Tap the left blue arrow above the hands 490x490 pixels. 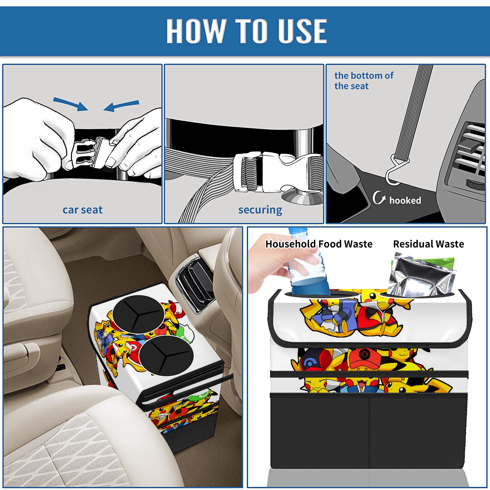pos(70,104)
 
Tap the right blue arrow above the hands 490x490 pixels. pos(121,106)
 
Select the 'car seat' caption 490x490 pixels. pos(82,210)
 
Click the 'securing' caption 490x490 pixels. pos(260,210)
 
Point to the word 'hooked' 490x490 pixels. pos(405,200)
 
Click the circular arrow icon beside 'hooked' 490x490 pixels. pos(378,198)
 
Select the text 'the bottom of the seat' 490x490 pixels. pos(364,81)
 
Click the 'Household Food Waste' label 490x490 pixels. pos(319,244)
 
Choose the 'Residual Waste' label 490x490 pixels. pos(428,244)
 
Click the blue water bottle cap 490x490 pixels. pos(297,230)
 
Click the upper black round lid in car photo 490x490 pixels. pos(138,315)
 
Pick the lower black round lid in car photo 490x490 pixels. pos(166,356)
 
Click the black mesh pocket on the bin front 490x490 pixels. pos(369,432)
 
